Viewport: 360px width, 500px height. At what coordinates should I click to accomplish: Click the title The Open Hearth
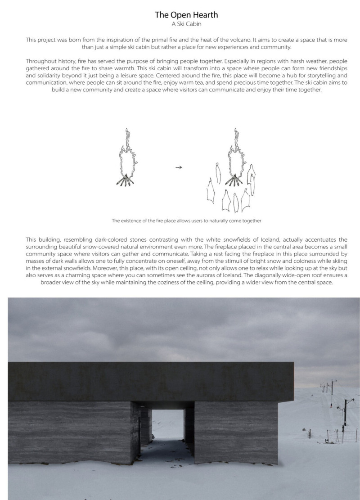186,15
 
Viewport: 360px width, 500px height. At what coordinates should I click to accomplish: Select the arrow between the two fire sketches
178,167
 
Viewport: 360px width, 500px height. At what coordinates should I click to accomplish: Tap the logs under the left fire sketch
126,181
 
